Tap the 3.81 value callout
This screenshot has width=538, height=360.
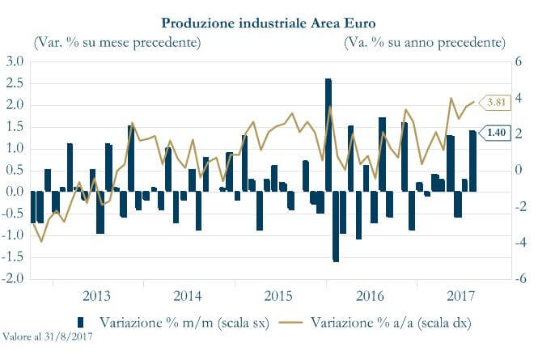pyautogui.click(x=495, y=103)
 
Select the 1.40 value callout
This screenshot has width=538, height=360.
pyautogui.click(x=495, y=133)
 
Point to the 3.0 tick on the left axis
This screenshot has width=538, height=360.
pyautogui.click(x=15, y=61)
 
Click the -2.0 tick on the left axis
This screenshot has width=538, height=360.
pyautogui.click(x=13, y=279)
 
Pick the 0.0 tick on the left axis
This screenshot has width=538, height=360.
pyautogui.click(x=15, y=192)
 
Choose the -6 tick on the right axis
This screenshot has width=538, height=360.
pyautogui.click(x=515, y=279)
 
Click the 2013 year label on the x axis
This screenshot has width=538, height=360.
pyautogui.click(x=96, y=294)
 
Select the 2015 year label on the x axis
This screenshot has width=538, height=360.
pyautogui.click(x=277, y=294)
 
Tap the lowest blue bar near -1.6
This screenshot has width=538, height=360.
pyautogui.click(x=336, y=227)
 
